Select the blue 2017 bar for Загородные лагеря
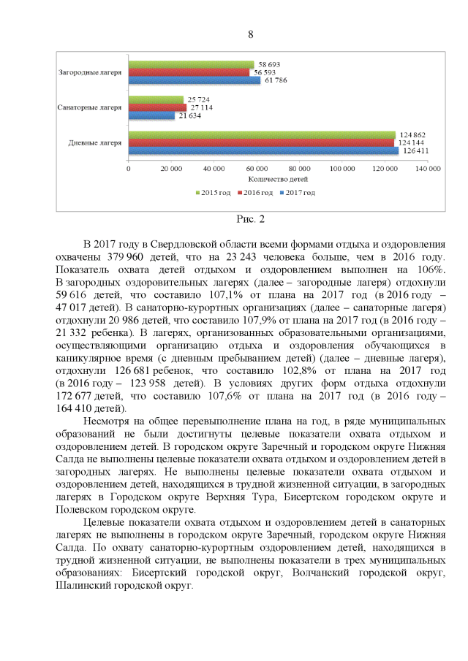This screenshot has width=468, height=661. click(x=194, y=80)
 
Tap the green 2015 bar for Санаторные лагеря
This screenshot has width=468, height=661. click(x=156, y=99)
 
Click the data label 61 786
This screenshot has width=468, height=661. click(x=274, y=80)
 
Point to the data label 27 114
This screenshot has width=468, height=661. click(x=201, y=107)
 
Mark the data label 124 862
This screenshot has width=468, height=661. click(x=412, y=134)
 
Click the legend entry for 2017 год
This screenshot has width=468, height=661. click(x=300, y=193)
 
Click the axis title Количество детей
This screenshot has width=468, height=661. click(x=278, y=178)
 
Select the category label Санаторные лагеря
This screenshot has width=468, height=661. click(x=89, y=107)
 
